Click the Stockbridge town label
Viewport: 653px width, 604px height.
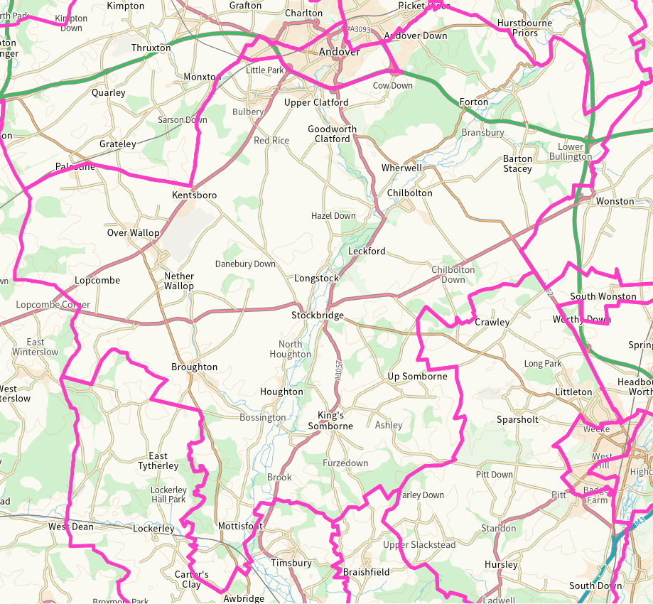(x=318, y=316)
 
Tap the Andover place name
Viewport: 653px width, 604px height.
(x=339, y=52)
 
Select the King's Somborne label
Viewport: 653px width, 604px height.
(x=330, y=421)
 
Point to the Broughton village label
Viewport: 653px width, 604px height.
(x=194, y=367)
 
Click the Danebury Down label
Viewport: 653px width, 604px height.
(x=245, y=264)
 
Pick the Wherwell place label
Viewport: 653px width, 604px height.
(x=401, y=168)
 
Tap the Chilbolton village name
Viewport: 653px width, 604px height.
(x=409, y=193)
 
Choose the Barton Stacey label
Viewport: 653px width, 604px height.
(x=517, y=164)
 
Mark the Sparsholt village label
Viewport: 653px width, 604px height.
(x=517, y=419)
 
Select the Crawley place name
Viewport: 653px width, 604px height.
(x=492, y=323)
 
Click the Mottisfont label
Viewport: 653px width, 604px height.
(x=240, y=527)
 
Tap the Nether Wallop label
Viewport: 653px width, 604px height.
(x=179, y=281)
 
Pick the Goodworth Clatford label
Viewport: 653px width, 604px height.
(x=333, y=134)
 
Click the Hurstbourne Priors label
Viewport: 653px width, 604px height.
(x=525, y=28)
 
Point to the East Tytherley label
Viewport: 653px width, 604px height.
(x=158, y=461)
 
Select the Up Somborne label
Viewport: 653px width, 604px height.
(x=417, y=376)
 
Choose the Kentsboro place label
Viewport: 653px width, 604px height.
(x=194, y=195)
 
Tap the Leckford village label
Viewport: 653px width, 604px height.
(x=367, y=252)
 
